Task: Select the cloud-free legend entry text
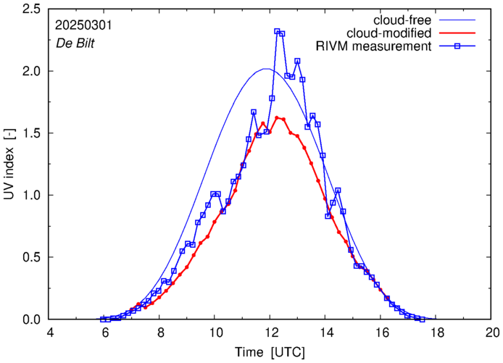click(x=402, y=20)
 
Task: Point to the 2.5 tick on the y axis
click(x=35, y=9)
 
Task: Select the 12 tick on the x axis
click(x=271, y=333)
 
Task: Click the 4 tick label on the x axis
click(x=50, y=333)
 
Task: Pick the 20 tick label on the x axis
click(x=492, y=333)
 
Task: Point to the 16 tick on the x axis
click(x=382, y=333)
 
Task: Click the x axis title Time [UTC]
click(x=271, y=352)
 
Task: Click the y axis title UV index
click(x=10, y=164)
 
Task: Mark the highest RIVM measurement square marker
click(x=277, y=32)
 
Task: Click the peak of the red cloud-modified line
click(x=277, y=117)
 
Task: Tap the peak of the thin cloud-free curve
click(x=267, y=69)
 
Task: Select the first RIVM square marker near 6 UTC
click(x=102, y=319)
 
